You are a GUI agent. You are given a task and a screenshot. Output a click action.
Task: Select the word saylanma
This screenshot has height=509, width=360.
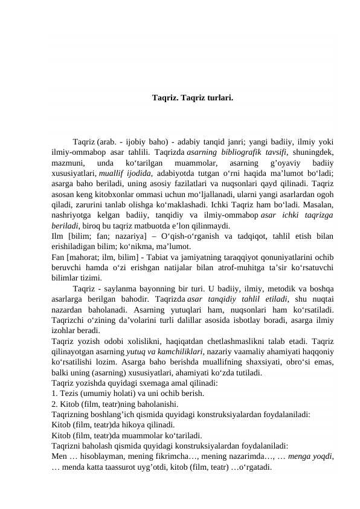(121, 298)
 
